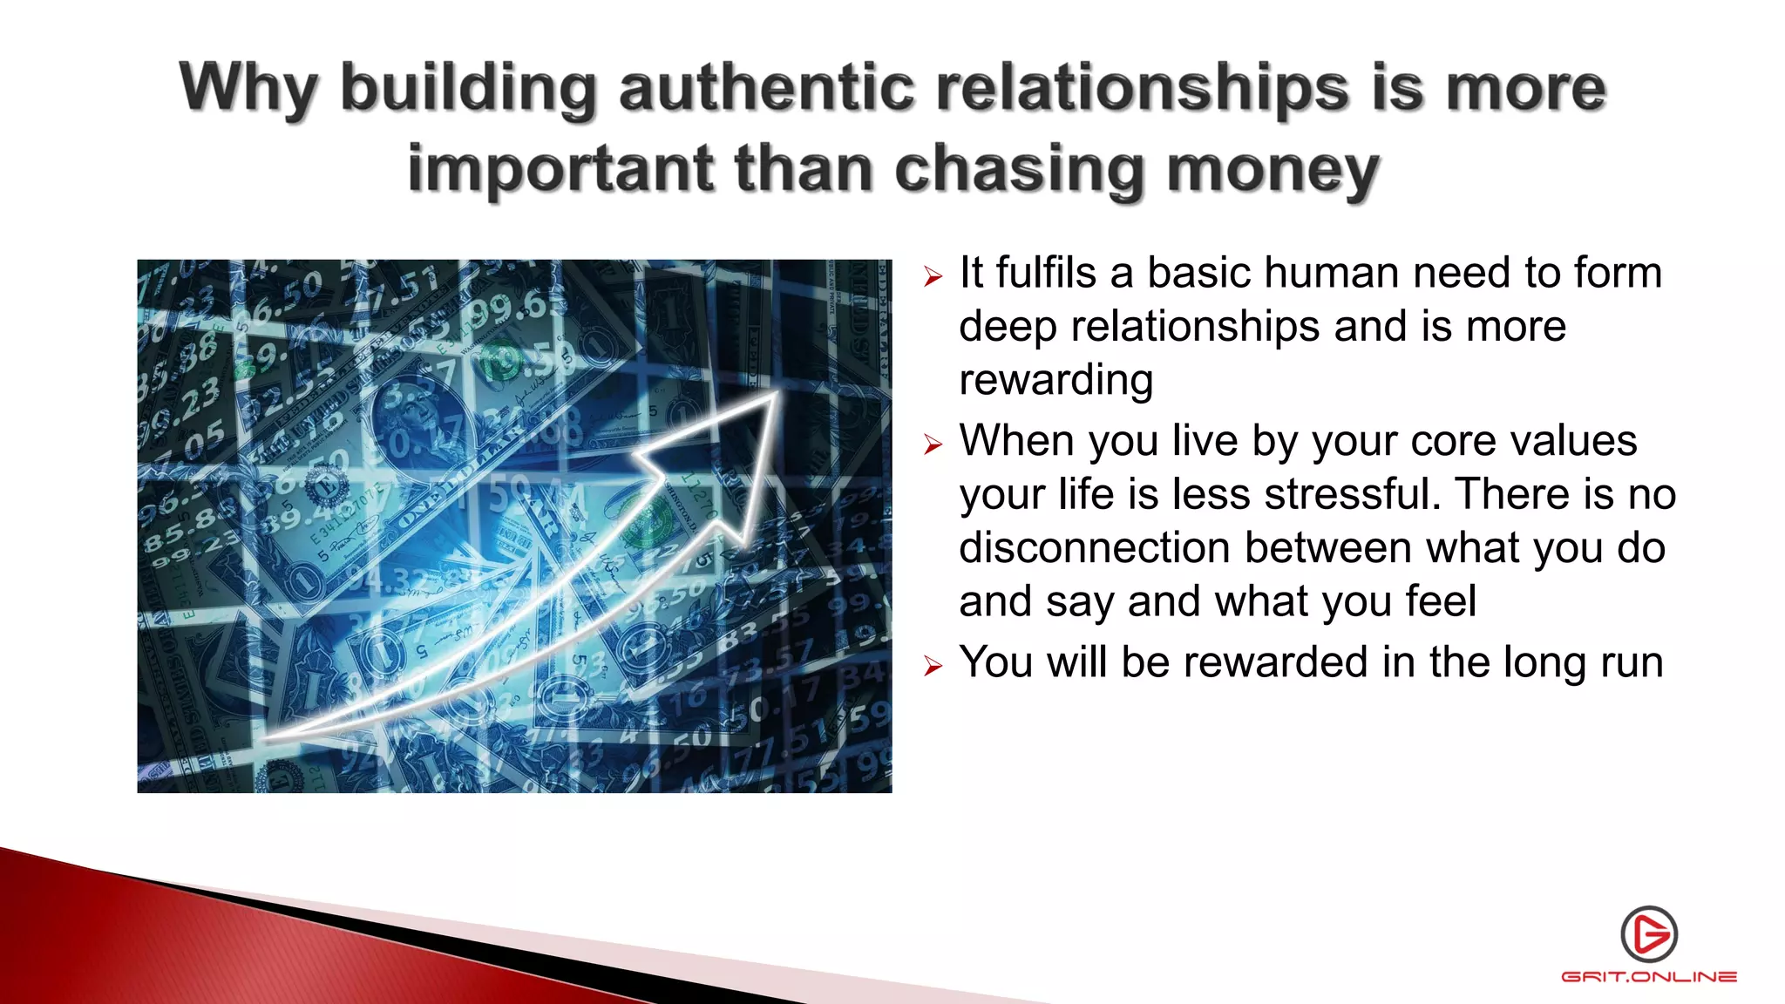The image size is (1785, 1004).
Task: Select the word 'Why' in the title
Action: (248, 90)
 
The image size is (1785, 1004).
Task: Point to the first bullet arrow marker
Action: (933, 278)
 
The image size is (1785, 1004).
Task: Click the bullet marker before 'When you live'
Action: (933, 445)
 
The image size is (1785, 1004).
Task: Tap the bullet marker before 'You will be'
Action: (933, 668)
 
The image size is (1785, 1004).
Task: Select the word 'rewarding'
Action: (1055, 380)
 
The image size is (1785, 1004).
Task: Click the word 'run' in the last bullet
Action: (1632, 662)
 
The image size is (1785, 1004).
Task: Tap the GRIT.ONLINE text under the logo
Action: (1649, 977)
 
